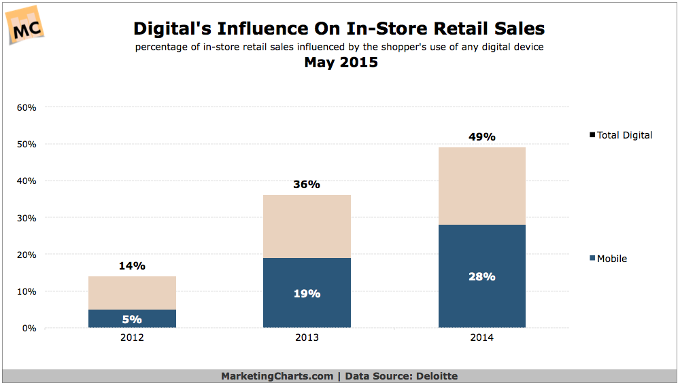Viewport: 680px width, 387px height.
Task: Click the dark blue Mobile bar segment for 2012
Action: [132, 318]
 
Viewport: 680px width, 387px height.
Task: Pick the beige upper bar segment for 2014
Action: [481, 186]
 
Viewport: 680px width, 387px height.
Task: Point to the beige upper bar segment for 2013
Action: [307, 226]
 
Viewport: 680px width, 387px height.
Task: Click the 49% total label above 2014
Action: [481, 137]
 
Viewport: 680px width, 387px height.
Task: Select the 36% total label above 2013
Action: [307, 185]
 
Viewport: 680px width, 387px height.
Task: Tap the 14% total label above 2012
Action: [132, 266]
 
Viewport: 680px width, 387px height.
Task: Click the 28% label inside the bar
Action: [481, 277]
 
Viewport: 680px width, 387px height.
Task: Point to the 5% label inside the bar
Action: [132, 319]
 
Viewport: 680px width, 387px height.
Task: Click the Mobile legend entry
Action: [609, 259]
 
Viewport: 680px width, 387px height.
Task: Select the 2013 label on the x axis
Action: [307, 338]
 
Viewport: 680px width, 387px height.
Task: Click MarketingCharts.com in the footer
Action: [277, 376]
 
